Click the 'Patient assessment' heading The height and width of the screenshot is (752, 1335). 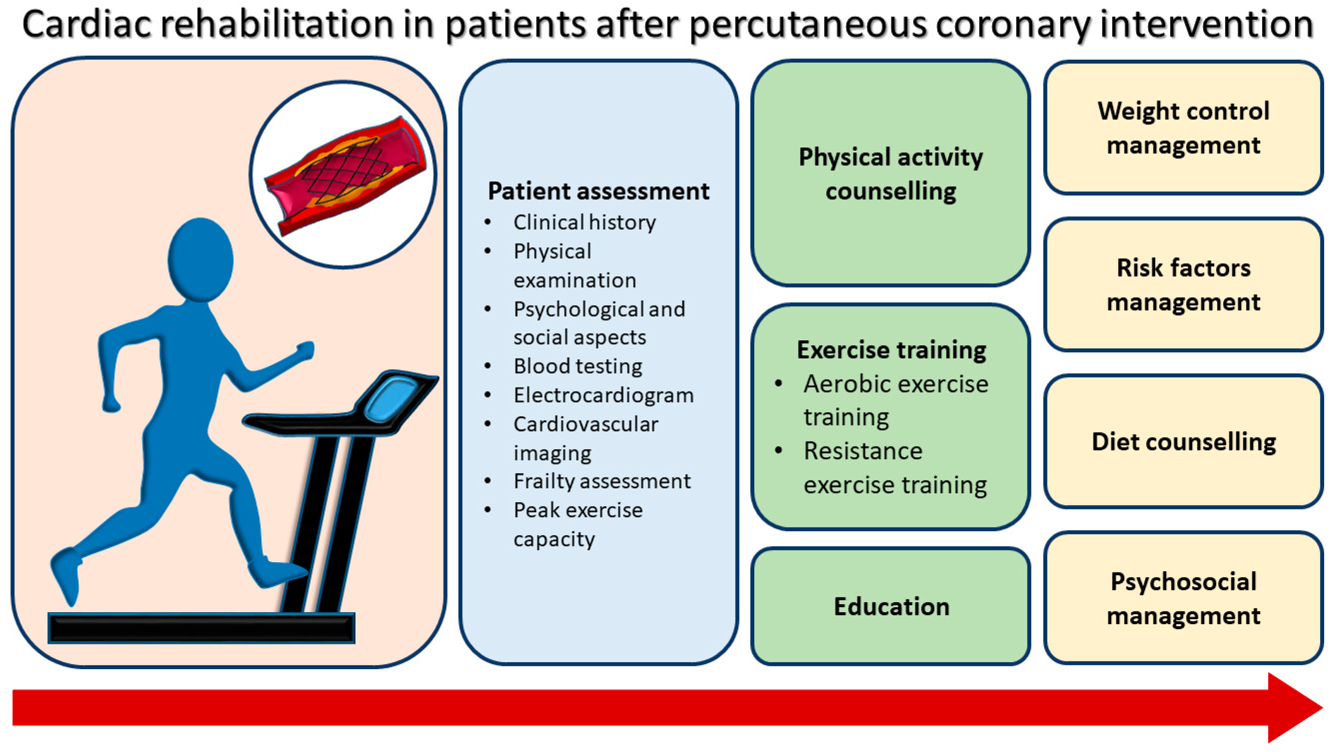click(x=598, y=191)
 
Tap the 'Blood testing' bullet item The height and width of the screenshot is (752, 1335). click(x=577, y=366)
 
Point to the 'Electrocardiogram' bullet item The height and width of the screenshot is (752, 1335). click(x=603, y=395)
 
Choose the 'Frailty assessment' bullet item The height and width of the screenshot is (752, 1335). click(x=602, y=481)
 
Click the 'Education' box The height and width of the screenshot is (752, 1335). click(x=891, y=606)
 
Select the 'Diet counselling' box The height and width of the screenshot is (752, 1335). click(x=1184, y=441)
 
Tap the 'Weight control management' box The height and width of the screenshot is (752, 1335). click(x=1184, y=127)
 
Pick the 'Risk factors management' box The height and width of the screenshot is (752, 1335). click(x=1184, y=285)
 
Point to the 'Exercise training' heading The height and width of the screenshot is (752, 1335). click(x=891, y=350)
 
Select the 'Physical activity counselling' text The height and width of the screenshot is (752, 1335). click(x=891, y=173)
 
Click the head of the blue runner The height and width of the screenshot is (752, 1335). click(x=201, y=259)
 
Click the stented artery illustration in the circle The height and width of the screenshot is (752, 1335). click(x=345, y=175)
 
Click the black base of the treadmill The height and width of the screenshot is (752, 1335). click(x=201, y=628)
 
